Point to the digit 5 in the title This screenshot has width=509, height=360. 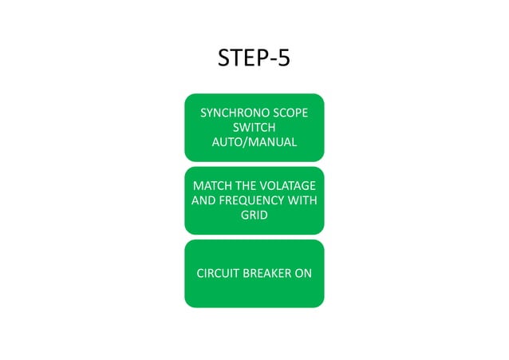coord(282,60)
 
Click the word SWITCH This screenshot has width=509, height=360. coord(254,128)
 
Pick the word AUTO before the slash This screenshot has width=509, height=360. coord(229,143)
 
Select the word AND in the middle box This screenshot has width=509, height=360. coord(203,200)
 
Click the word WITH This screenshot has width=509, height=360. coord(302,200)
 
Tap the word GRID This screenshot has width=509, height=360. coord(254,216)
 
